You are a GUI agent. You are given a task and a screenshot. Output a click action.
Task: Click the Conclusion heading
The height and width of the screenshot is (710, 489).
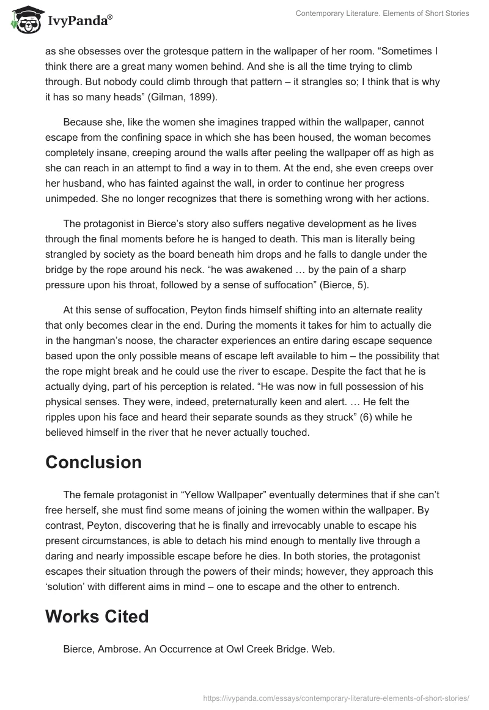coord(94,461)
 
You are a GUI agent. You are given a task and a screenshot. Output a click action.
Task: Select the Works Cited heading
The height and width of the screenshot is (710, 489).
coord(97,616)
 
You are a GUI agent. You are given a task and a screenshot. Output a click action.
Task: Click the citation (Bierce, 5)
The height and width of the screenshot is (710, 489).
coord(367,285)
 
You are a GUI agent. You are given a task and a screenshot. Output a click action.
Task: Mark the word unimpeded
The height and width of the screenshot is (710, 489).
coord(75,198)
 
